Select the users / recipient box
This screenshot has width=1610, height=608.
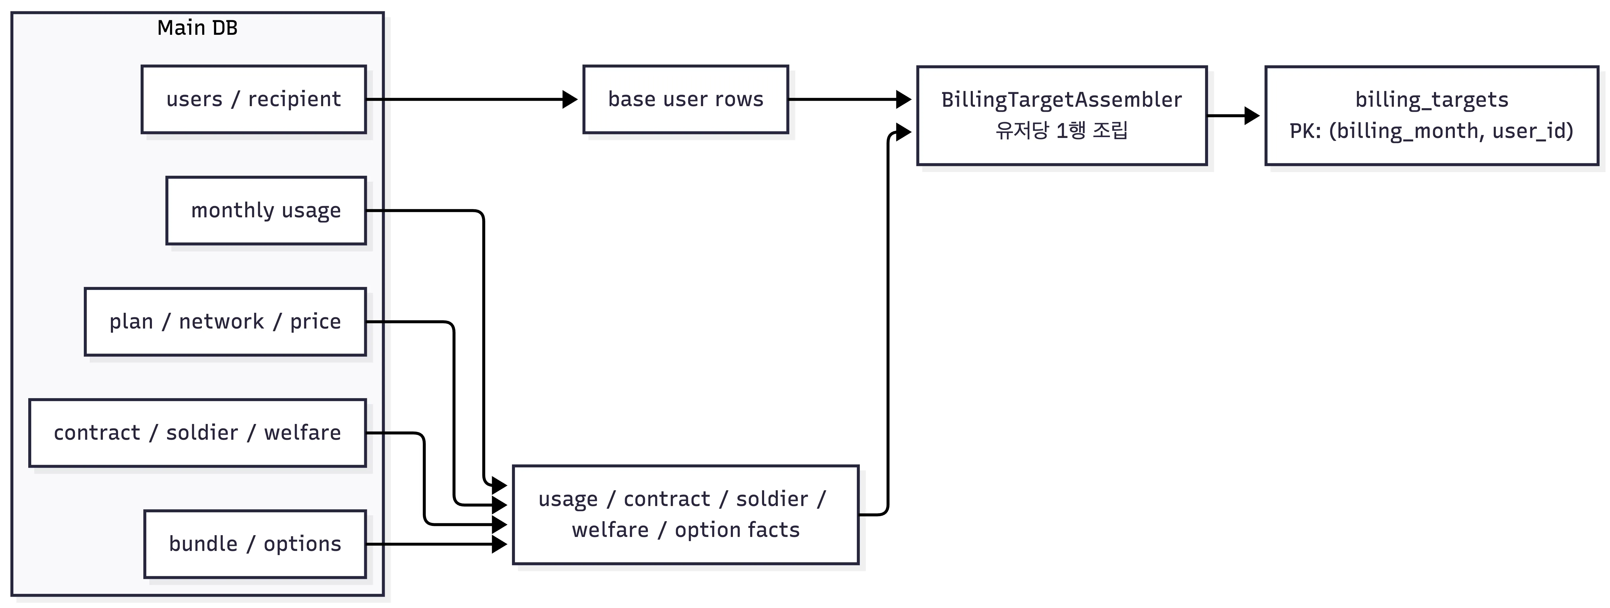click(254, 99)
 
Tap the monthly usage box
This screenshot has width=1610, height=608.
click(266, 210)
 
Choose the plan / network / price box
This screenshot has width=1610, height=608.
click(225, 322)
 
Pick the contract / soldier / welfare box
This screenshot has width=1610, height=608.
click(197, 433)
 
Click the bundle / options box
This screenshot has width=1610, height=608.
click(255, 544)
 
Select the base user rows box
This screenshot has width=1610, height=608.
click(686, 99)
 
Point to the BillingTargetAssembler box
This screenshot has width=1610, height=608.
click(1062, 116)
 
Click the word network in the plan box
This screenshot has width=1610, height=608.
click(221, 322)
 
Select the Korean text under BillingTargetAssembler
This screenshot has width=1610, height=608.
click(1062, 131)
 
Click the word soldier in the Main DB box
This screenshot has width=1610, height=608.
click(202, 433)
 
